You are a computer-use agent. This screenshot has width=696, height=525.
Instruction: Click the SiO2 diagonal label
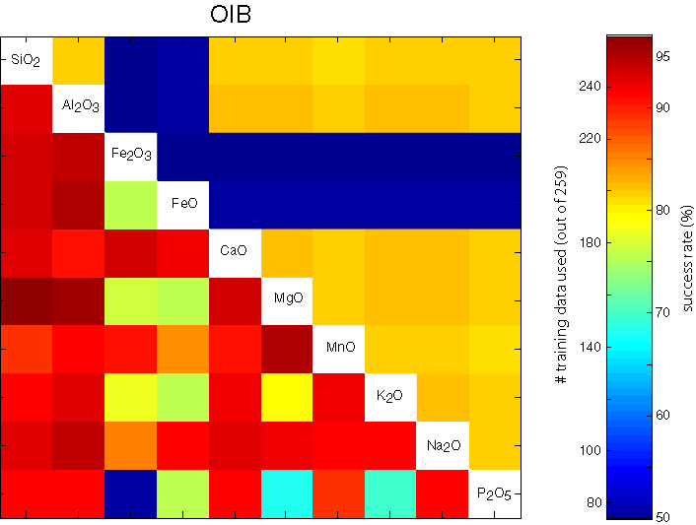[26, 61]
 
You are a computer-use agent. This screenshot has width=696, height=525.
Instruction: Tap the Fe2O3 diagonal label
[130, 155]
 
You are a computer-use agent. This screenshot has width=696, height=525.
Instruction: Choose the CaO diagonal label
[235, 250]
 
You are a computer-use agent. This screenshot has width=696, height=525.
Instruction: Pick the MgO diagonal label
[286, 298]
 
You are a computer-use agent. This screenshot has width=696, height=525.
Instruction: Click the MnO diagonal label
[338, 347]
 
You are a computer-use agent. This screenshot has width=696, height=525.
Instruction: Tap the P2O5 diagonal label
[494, 493]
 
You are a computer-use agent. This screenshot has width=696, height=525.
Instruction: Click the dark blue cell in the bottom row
[130, 492]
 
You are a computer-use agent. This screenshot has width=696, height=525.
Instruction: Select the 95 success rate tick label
[663, 56]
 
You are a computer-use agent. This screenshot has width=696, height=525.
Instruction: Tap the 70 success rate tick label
[663, 312]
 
